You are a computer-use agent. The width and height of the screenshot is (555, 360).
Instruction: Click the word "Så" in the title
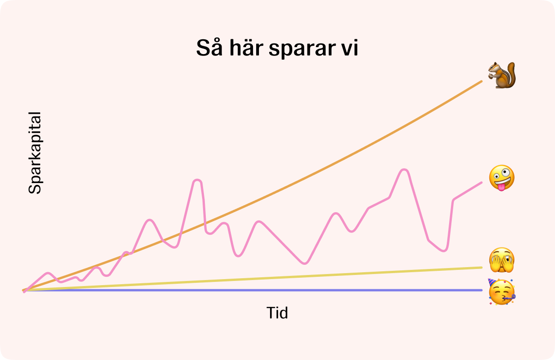[x=210, y=47]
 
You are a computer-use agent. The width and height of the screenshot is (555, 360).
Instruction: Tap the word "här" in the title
[x=246, y=47]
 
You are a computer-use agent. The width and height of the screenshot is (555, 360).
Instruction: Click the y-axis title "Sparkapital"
[x=35, y=153]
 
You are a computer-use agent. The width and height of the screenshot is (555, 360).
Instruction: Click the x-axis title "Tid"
[x=277, y=313]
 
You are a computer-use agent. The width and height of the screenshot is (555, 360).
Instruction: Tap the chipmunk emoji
[x=502, y=75]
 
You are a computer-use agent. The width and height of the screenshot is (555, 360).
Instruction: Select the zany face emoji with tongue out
[x=502, y=178]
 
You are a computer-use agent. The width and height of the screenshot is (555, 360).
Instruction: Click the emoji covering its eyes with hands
[x=502, y=260]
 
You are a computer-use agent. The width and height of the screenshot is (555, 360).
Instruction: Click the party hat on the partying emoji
[x=492, y=282]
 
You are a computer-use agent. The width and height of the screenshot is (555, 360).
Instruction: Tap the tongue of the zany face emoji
[x=501, y=187]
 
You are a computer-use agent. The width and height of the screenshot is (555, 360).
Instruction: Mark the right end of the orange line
[x=481, y=81]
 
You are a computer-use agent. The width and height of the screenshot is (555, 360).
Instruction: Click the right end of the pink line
[x=481, y=183]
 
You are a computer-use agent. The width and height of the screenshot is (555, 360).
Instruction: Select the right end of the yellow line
[x=481, y=268]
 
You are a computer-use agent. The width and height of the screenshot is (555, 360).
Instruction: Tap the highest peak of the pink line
[x=404, y=170]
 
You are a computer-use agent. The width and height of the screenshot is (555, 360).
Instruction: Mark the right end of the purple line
[x=481, y=290]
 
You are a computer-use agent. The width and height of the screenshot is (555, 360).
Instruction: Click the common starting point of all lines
[x=24, y=290]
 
